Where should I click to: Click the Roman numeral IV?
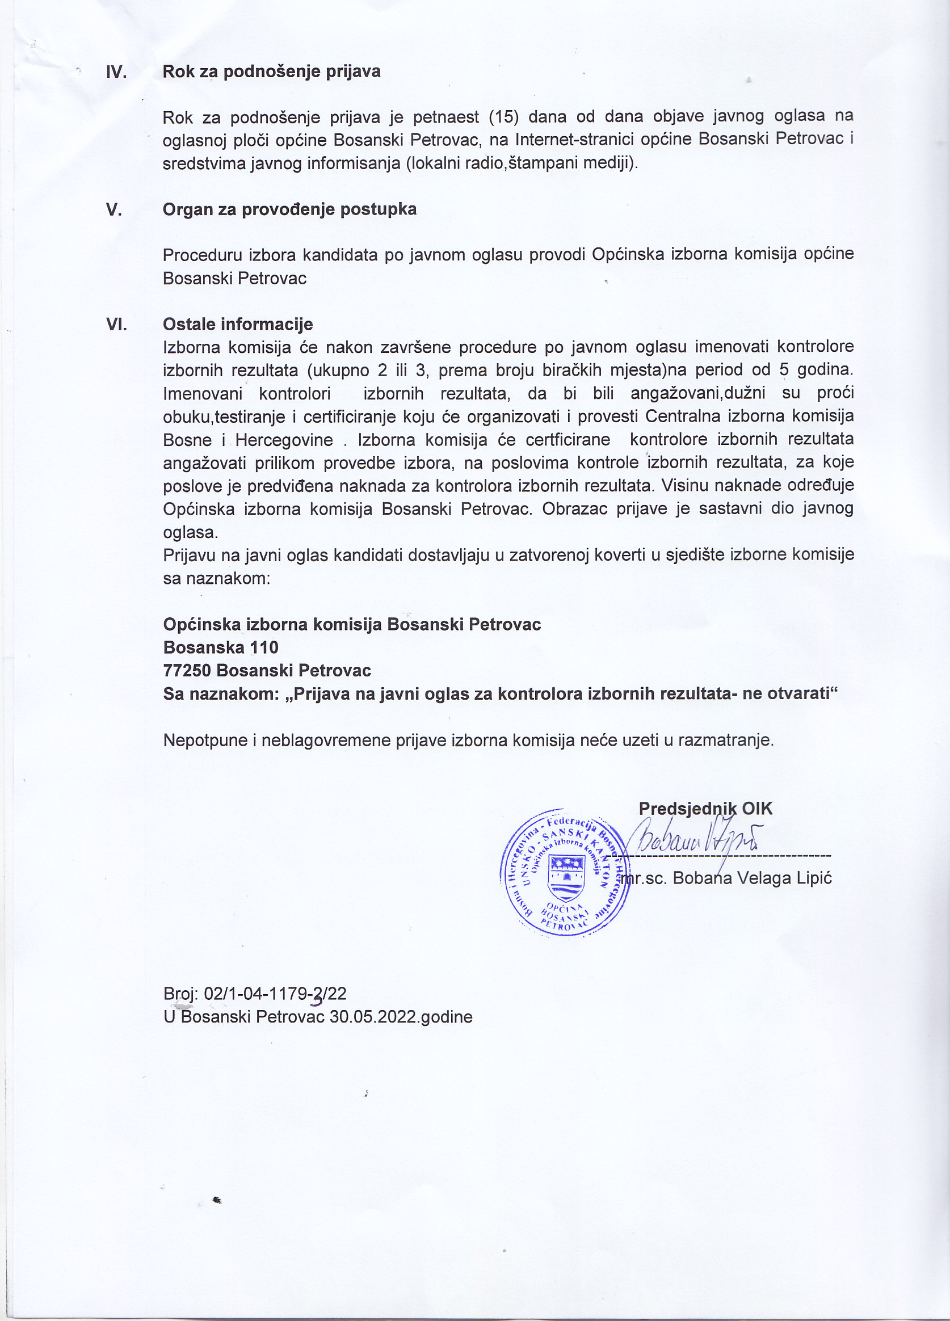tap(116, 72)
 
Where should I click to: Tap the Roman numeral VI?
tap(116, 325)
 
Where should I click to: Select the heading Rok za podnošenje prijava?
tap(271, 71)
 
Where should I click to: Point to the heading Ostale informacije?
tap(238, 324)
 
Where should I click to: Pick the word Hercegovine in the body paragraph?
tap(284, 440)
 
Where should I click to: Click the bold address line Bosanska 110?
tap(221, 647)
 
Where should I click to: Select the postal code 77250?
tap(186, 670)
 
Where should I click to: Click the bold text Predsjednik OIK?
tap(705, 809)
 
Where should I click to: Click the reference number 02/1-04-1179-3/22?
tap(275, 994)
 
